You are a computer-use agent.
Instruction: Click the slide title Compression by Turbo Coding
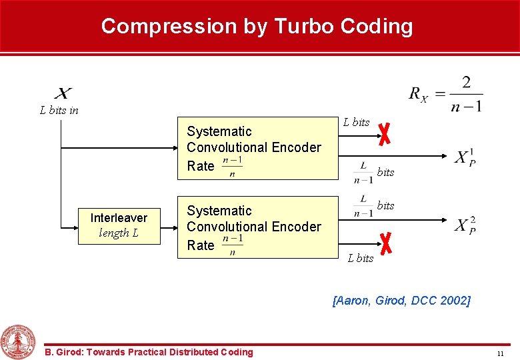click(x=257, y=27)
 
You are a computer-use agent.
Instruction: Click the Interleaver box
click(x=119, y=225)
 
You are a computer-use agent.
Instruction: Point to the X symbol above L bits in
click(x=63, y=93)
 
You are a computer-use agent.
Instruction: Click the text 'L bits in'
click(x=59, y=111)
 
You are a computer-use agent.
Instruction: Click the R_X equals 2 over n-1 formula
click(x=445, y=94)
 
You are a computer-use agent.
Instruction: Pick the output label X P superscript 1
click(x=465, y=157)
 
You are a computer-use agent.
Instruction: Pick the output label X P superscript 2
click(x=465, y=224)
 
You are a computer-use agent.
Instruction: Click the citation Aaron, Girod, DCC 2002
click(x=401, y=301)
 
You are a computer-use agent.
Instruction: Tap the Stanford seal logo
click(x=19, y=341)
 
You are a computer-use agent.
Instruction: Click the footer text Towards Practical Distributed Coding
click(x=149, y=352)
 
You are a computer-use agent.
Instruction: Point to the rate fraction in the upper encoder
click(x=231, y=167)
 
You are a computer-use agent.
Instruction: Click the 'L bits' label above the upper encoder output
click(x=356, y=122)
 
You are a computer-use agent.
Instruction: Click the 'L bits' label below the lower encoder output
click(x=360, y=258)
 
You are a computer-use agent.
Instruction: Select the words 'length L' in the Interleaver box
click(x=119, y=233)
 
